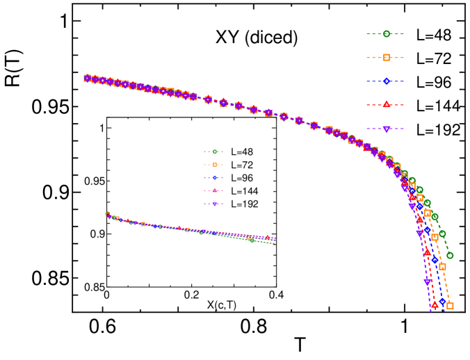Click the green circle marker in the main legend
pyautogui.click(x=387, y=33)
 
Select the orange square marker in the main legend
pyautogui.click(x=387, y=58)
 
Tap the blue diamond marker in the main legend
pyautogui.click(x=387, y=81)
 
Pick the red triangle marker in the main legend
pyautogui.click(x=387, y=104)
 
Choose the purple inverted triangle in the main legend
pyautogui.click(x=387, y=129)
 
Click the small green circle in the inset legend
pyautogui.click(x=215, y=152)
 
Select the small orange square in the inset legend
pyautogui.click(x=215, y=165)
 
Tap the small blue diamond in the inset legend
pyautogui.click(x=215, y=178)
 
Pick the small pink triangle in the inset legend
pyautogui.click(x=215, y=190)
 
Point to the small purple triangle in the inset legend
pyautogui.click(x=215, y=204)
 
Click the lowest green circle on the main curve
pyautogui.click(x=450, y=255)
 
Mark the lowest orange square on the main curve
pyautogui.click(x=450, y=306)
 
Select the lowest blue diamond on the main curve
pyautogui.click(x=442, y=301)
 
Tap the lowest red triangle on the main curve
pyautogui.click(x=435, y=304)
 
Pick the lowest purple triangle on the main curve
pyautogui.click(x=427, y=282)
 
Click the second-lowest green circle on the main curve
pyautogui.click(x=442, y=234)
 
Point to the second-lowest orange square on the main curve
pyautogui.click(x=442, y=266)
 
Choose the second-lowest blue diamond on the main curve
pyautogui.click(x=435, y=259)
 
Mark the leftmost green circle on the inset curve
pyautogui.click(x=108, y=214)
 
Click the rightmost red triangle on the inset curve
pyautogui.click(x=267, y=237)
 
